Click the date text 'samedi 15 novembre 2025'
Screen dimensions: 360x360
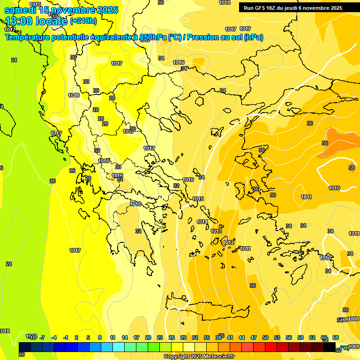coord(61,10)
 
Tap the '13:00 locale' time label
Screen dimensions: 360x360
coord(36,21)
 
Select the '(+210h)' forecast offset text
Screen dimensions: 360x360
coord(83,21)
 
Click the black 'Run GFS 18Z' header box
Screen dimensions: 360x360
coord(292,8)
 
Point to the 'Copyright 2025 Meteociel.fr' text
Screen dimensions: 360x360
coord(199,356)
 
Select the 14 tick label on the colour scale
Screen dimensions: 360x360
coord(125,337)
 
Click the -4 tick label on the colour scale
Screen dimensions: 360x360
coord(54,337)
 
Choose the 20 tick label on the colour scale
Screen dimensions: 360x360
coord(148,337)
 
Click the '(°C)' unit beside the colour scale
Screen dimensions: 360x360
coord(345,348)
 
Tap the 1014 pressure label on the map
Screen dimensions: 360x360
coord(202,222)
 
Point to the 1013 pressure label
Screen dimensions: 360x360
coord(216,231)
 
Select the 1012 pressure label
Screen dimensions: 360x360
coord(228,242)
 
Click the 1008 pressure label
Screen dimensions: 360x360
coord(354,319)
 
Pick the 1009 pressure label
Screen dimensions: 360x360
coord(354,346)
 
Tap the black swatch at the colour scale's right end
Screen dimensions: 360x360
coord(330,347)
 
